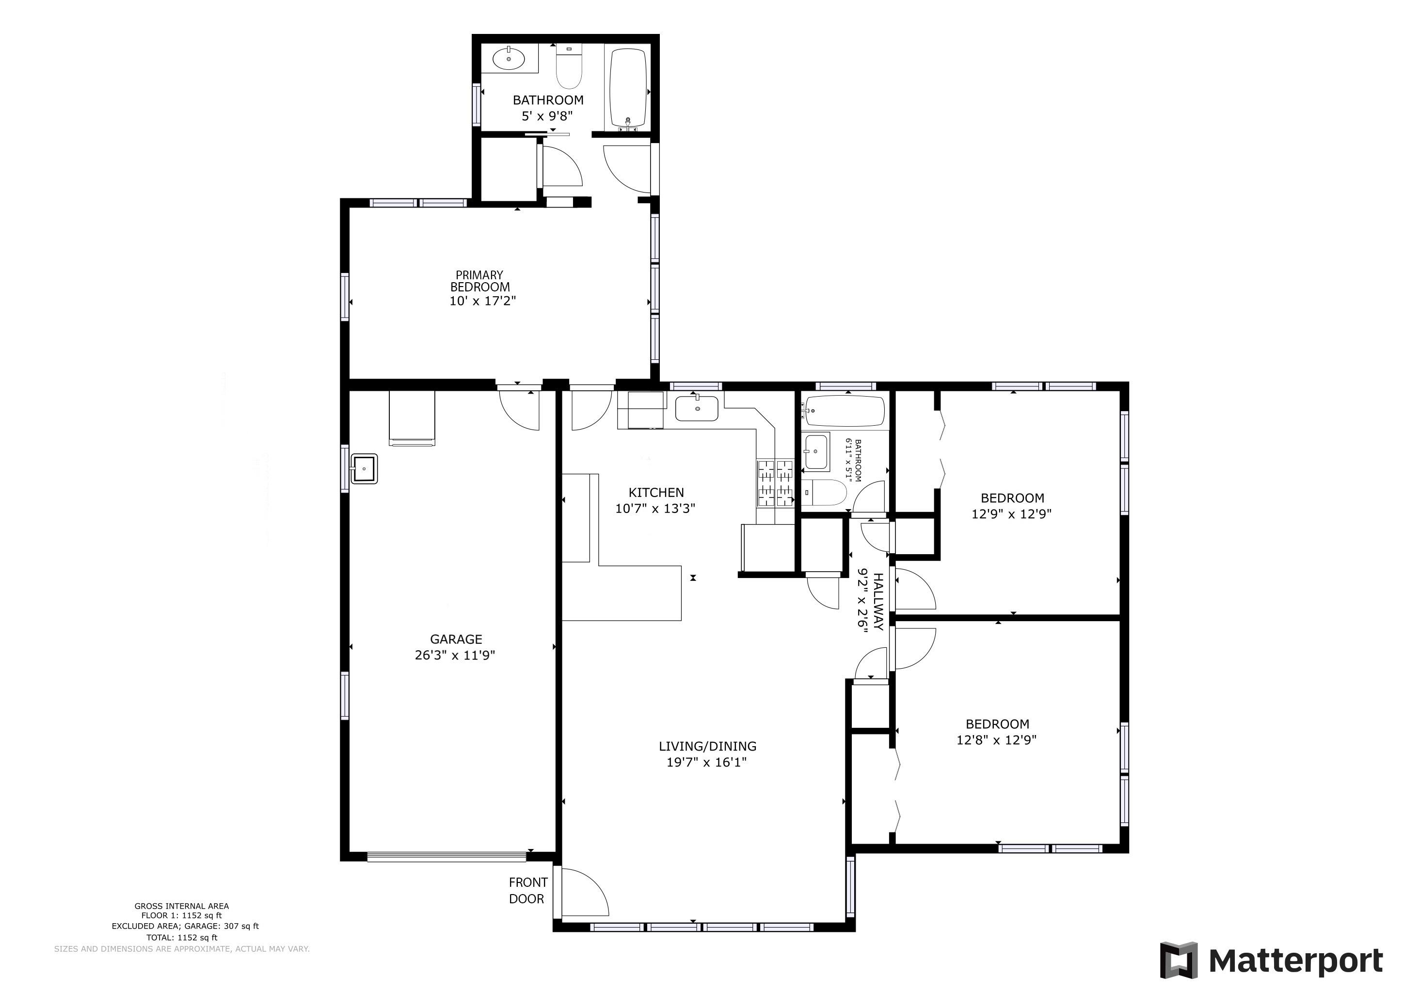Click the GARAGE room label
[456, 640]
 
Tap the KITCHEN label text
[656, 493]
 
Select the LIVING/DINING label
[707, 747]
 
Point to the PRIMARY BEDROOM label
[480, 281]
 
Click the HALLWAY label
[878, 602]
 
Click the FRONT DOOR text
[528, 890]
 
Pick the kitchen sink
[697, 408]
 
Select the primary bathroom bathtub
[629, 89]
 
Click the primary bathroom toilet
[569, 67]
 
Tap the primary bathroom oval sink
[509, 59]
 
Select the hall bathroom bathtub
[845, 412]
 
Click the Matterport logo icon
[1179, 961]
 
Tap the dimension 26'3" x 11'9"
[455, 656]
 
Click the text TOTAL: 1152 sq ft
[182, 937]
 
